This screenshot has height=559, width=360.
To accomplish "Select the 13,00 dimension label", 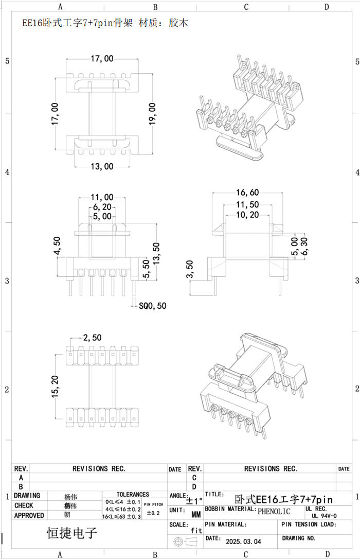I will pyautogui.click(x=102, y=166).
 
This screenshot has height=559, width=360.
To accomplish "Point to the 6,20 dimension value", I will pyautogui.click(x=102, y=207).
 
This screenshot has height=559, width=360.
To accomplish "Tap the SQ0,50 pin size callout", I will pyautogui.click(x=153, y=305).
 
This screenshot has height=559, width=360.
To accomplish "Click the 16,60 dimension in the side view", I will pyautogui.click(x=247, y=193).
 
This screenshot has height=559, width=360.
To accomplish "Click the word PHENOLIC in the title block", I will pyautogui.click(x=274, y=511).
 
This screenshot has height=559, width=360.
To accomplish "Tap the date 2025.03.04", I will pyautogui.click(x=243, y=541).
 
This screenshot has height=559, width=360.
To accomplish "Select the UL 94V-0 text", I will pyautogui.click(x=325, y=515).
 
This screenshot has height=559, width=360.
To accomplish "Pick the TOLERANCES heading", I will pyautogui.click(x=133, y=494).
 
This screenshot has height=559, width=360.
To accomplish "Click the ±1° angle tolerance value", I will pyautogui.click(x=194, y=500).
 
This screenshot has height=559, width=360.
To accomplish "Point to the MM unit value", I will pyautogui.click(x=196, y=514).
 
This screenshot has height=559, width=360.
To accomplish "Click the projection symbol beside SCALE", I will pyautogui.click(x=186, y=542).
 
